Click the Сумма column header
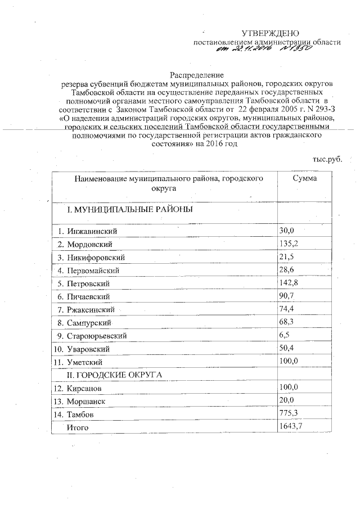(x=304, y=178)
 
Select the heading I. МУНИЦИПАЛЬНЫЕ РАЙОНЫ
(x=130, y=209)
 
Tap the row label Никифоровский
(x=96, y=257)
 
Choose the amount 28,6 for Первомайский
(x=287, y=269)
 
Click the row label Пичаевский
(x=88, y=296)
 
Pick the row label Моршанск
(x=86, y=400)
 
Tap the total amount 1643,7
(x=291, y=427)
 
